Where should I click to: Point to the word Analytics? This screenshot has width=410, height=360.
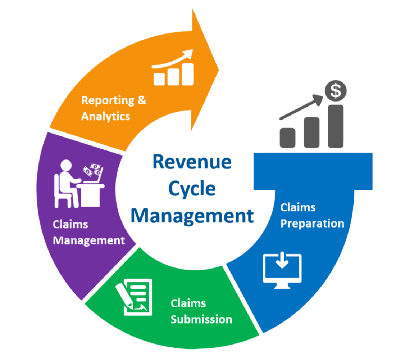tap(105, 117)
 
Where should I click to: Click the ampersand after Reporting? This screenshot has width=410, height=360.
tap(142, 100)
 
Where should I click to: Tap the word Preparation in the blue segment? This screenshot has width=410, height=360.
tap(312, 224)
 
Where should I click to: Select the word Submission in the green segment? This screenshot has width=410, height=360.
tap(201, 319)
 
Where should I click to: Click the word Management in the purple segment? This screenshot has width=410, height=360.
tap(89, 240)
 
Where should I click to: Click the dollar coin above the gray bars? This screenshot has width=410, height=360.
tap(336, 90)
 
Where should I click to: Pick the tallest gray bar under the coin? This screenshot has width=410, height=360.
tap(336, 126)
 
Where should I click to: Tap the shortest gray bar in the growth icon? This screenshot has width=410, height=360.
tap(288, 137)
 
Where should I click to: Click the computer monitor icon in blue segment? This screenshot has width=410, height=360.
tap(282, 270)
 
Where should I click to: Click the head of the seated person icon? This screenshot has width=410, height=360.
tap(67, 166)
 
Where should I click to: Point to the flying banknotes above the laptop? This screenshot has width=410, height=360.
tap(92, 170)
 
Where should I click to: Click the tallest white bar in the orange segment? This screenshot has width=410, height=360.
tap(188, 74)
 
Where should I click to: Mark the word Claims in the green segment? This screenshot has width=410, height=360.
tap(188, 303)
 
